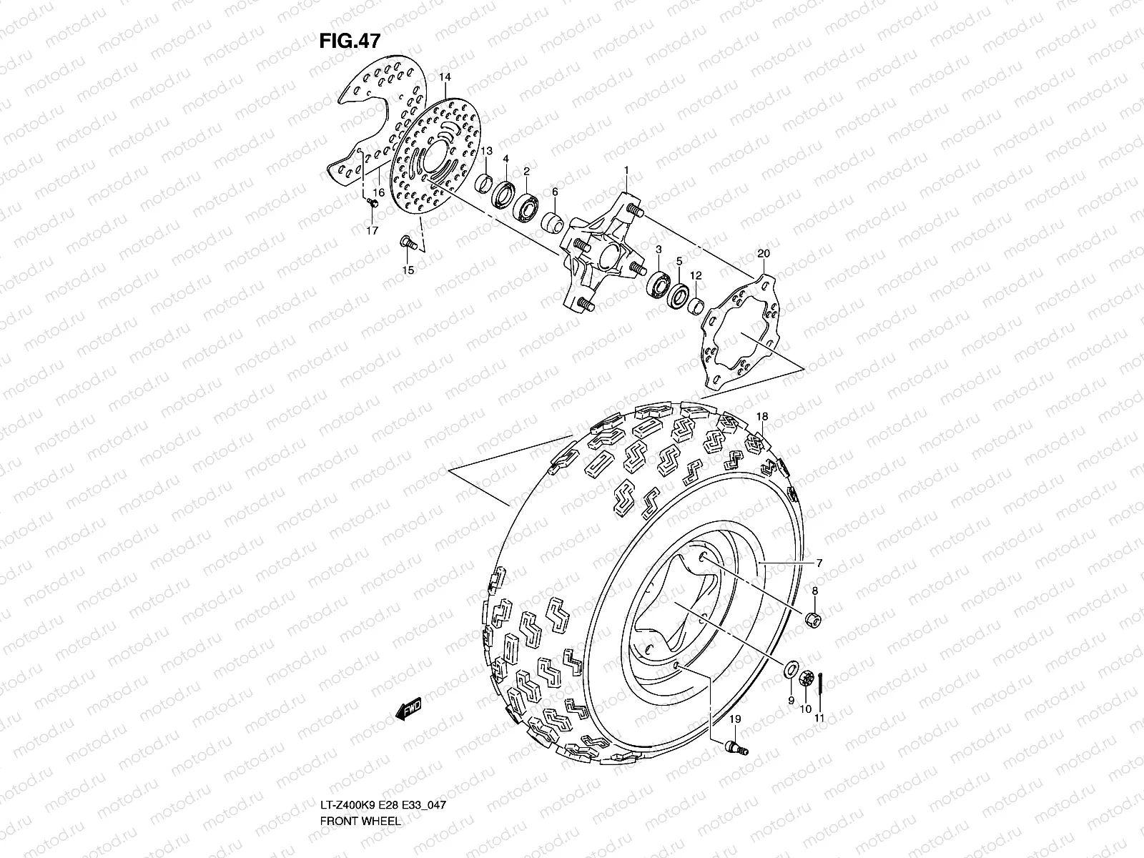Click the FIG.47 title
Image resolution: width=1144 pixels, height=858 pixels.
pyautogui.click(x=349, y=41)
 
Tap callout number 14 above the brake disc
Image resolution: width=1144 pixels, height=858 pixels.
pyautogui.click(x=444, y=77)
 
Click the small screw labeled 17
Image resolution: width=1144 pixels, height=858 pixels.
pyautogui.click(x=372, y=204)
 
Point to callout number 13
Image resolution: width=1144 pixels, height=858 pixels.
pyautogui.click(x=486, y=151)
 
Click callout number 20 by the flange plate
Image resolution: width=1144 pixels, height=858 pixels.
pyautogui.click(x=763, y=253)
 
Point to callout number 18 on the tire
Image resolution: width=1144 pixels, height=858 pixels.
pyautogui.click(x=762, y=416)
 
